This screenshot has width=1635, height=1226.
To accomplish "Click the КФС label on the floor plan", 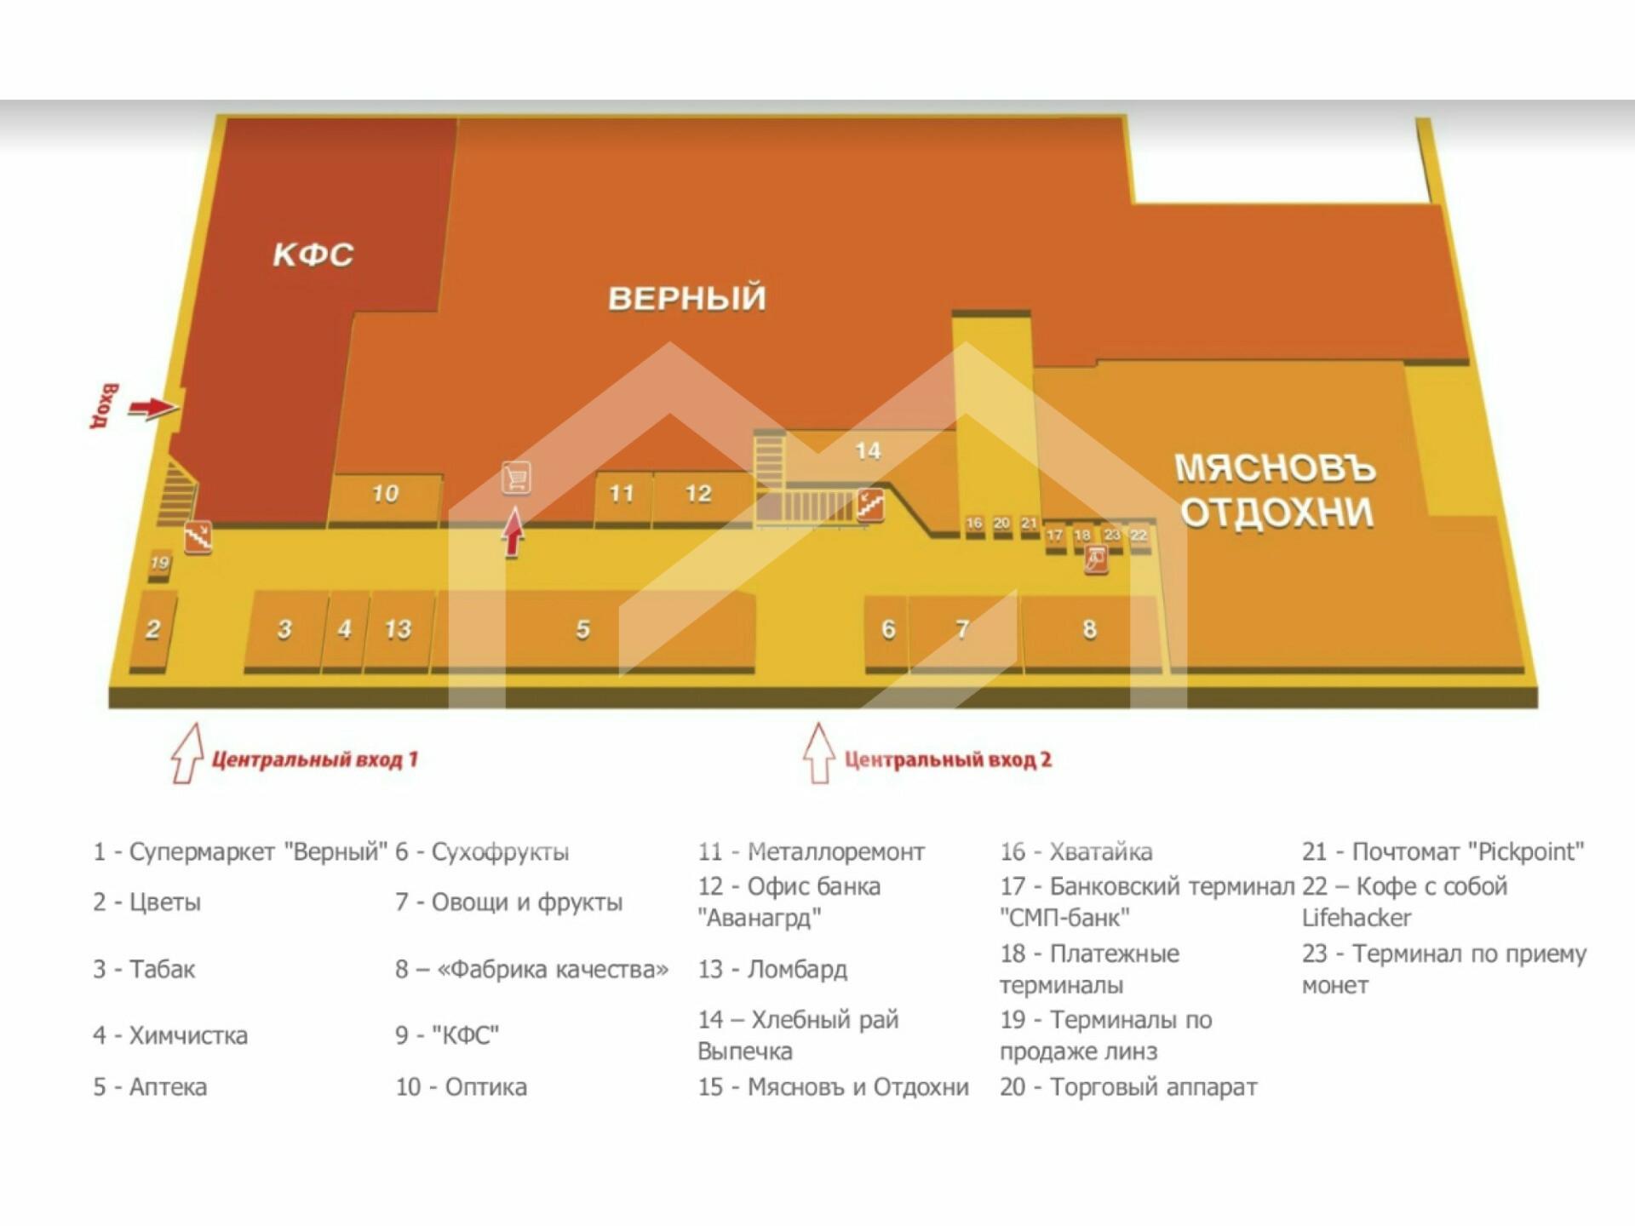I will pos(313,255).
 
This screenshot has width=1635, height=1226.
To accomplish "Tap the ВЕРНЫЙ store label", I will pos(686,298).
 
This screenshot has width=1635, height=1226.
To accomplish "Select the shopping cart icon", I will pos(516,478).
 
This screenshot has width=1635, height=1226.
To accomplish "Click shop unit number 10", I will pos(385,494).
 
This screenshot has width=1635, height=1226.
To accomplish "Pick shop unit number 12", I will pos(698,494).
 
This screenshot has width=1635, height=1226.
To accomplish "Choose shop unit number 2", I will pos(153,629).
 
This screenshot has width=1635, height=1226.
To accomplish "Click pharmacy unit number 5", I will pos(583,629).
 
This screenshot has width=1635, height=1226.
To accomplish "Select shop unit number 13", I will pos(398,629).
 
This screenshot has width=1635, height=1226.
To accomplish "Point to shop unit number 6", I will pos(888,629).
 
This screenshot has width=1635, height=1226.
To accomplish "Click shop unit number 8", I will pos(1089,629).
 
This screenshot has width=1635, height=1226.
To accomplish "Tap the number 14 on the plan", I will pos(868,450).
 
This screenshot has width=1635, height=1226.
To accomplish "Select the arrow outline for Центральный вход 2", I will pos(819,753).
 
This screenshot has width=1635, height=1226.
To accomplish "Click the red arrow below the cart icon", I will pos(513,532).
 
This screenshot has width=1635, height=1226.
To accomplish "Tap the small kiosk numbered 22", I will pos(1139,536).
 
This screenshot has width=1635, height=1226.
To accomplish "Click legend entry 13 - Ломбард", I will pos(772,969).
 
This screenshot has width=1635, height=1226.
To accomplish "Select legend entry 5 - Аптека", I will pos(150,1086).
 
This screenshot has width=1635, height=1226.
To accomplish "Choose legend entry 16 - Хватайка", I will pos(1076,851).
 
